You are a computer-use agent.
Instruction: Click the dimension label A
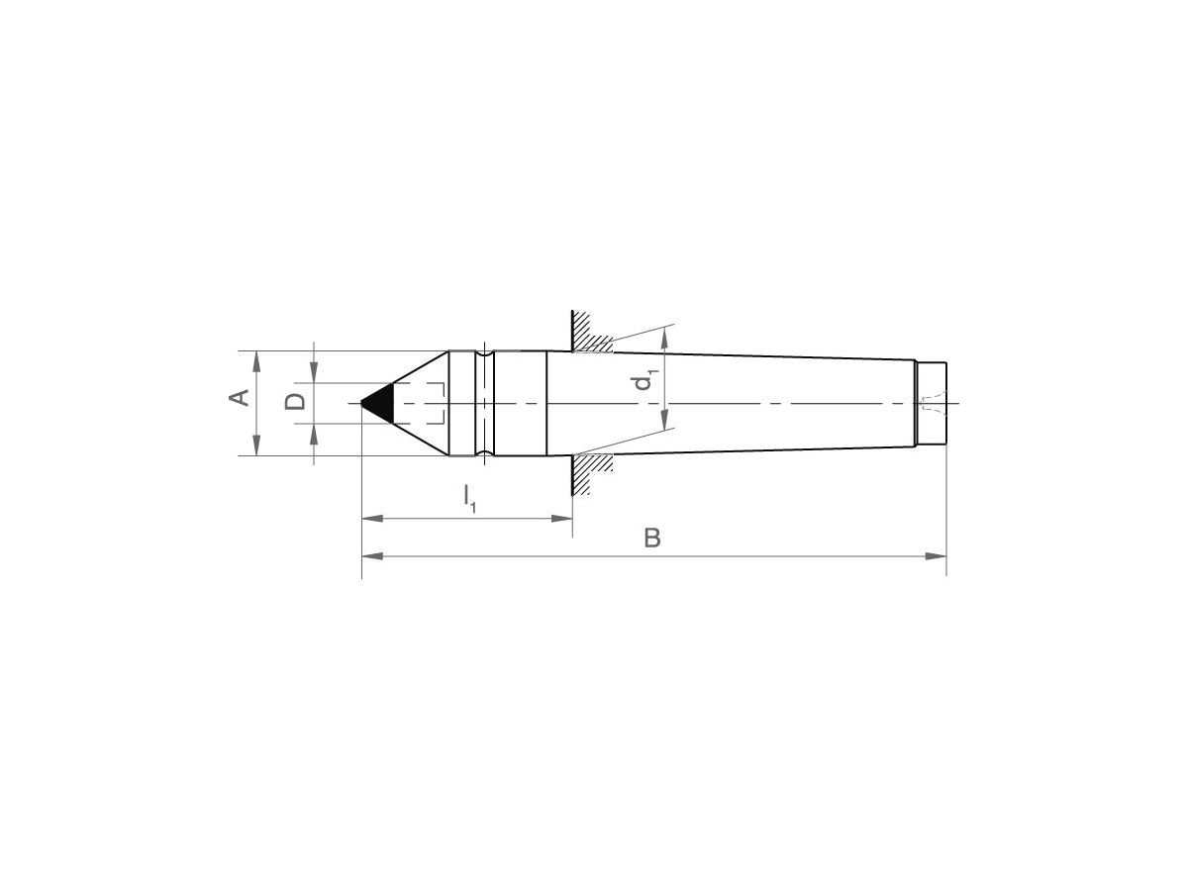[239, 398]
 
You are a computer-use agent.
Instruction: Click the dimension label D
[294, 402]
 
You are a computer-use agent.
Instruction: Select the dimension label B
[651, 538]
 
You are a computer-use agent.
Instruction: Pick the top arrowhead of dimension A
[257, 360]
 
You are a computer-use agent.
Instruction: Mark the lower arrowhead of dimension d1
[665, 422]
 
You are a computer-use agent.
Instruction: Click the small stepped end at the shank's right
[932, 404]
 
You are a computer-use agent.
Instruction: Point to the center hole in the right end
[929, 404]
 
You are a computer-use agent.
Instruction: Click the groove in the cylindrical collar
[484, 403]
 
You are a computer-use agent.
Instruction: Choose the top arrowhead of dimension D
[314, 373]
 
